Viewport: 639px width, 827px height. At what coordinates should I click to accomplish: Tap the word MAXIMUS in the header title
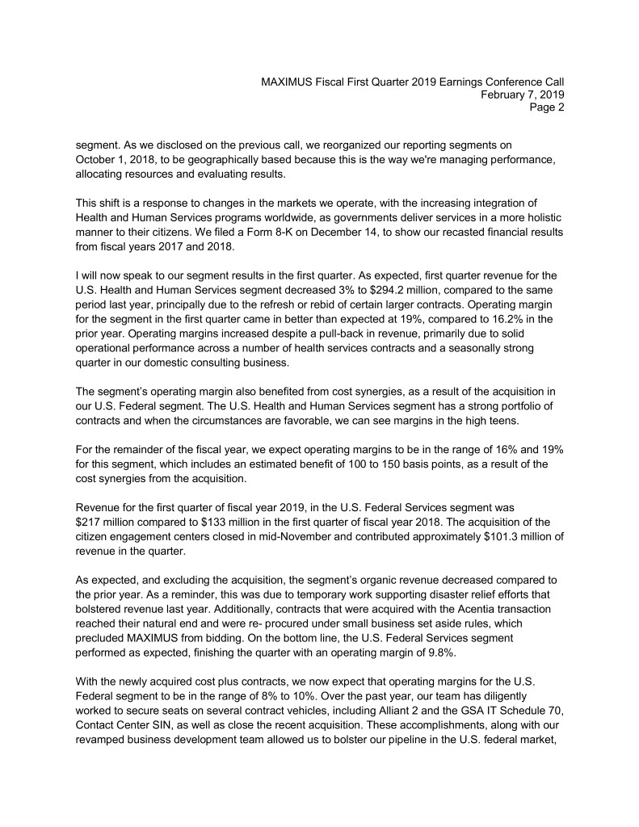tap(290, 81)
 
